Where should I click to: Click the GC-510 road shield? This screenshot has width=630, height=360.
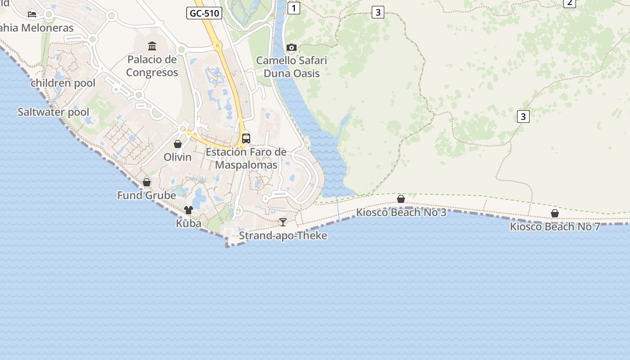(x=204, y=13)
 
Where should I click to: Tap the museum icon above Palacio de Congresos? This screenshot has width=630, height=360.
(x=152, y=46)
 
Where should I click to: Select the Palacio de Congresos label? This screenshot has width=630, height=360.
(x=152, y=66)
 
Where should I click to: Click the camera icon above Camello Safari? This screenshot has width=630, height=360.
(x=292, y=47)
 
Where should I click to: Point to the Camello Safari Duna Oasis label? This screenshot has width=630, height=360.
(x=292, y=67)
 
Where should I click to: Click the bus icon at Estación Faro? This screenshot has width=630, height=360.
(x=246, y=138)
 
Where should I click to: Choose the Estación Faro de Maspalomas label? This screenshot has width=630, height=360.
(x=246, y=158)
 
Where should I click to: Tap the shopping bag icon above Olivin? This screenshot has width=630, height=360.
(x=178, y=144)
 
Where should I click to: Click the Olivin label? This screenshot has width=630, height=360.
(x=178, y=157)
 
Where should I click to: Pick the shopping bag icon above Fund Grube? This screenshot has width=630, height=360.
(x=147, y=182)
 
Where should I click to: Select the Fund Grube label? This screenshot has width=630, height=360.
(x=147, y=195)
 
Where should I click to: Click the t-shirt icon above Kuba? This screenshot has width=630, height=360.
(x=189, y=210)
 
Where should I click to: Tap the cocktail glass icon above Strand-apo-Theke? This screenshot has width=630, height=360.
(x=283, y=222)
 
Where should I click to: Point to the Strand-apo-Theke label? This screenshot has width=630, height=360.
(x=283, y=235)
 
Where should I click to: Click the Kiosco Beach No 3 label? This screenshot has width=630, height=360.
(x=401, y=212)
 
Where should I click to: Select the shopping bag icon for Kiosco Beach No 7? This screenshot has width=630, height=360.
(x=555, y=213)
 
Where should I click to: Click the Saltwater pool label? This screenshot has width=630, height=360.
(x=54, y=112)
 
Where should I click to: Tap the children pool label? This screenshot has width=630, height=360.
(x=63, y=83)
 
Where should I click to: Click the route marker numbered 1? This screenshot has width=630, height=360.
(x=294, y=8)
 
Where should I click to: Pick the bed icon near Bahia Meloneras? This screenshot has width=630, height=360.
(x=32, y=14)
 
